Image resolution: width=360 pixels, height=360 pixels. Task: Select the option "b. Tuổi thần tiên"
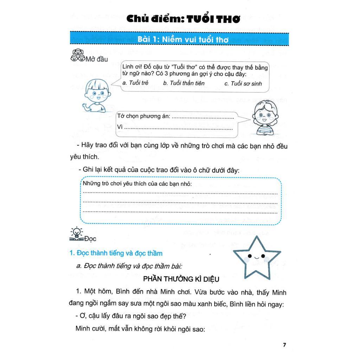[184, 83]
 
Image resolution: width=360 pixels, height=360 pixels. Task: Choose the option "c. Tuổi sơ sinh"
[243, 83]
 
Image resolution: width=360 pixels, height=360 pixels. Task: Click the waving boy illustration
[95, 96]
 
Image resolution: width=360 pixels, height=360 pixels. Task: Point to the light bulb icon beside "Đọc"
[77, 234]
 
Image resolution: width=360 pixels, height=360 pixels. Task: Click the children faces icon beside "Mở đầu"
[77, 56]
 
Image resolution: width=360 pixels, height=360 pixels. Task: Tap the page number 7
[284, 345]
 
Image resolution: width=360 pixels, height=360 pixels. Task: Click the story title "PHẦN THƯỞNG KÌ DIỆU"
[181, 279]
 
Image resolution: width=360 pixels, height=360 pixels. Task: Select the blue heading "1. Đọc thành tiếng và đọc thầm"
[116, 253]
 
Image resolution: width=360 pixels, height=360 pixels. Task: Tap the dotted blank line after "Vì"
[178, 129]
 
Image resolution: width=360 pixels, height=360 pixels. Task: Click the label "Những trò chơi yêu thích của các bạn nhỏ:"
[137, 184]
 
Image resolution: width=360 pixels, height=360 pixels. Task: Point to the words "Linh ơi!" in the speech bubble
[131, 67]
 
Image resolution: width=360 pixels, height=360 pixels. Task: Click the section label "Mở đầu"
[97, 59]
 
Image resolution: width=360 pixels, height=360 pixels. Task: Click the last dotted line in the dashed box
[180, 212]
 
